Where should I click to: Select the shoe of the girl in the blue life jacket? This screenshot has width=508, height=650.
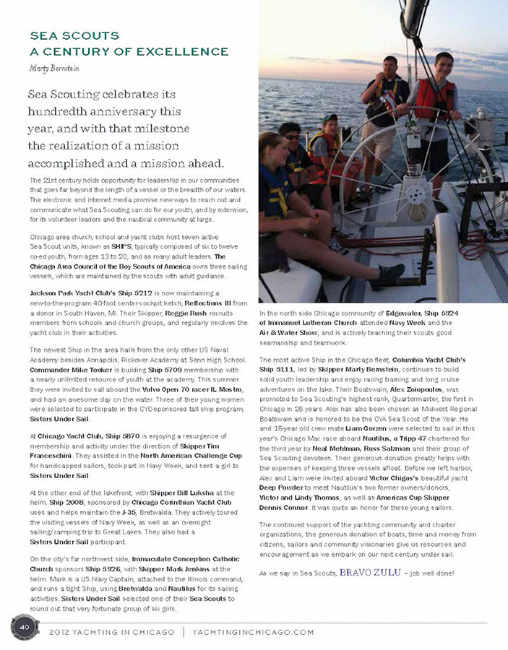[x=390, y=272]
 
